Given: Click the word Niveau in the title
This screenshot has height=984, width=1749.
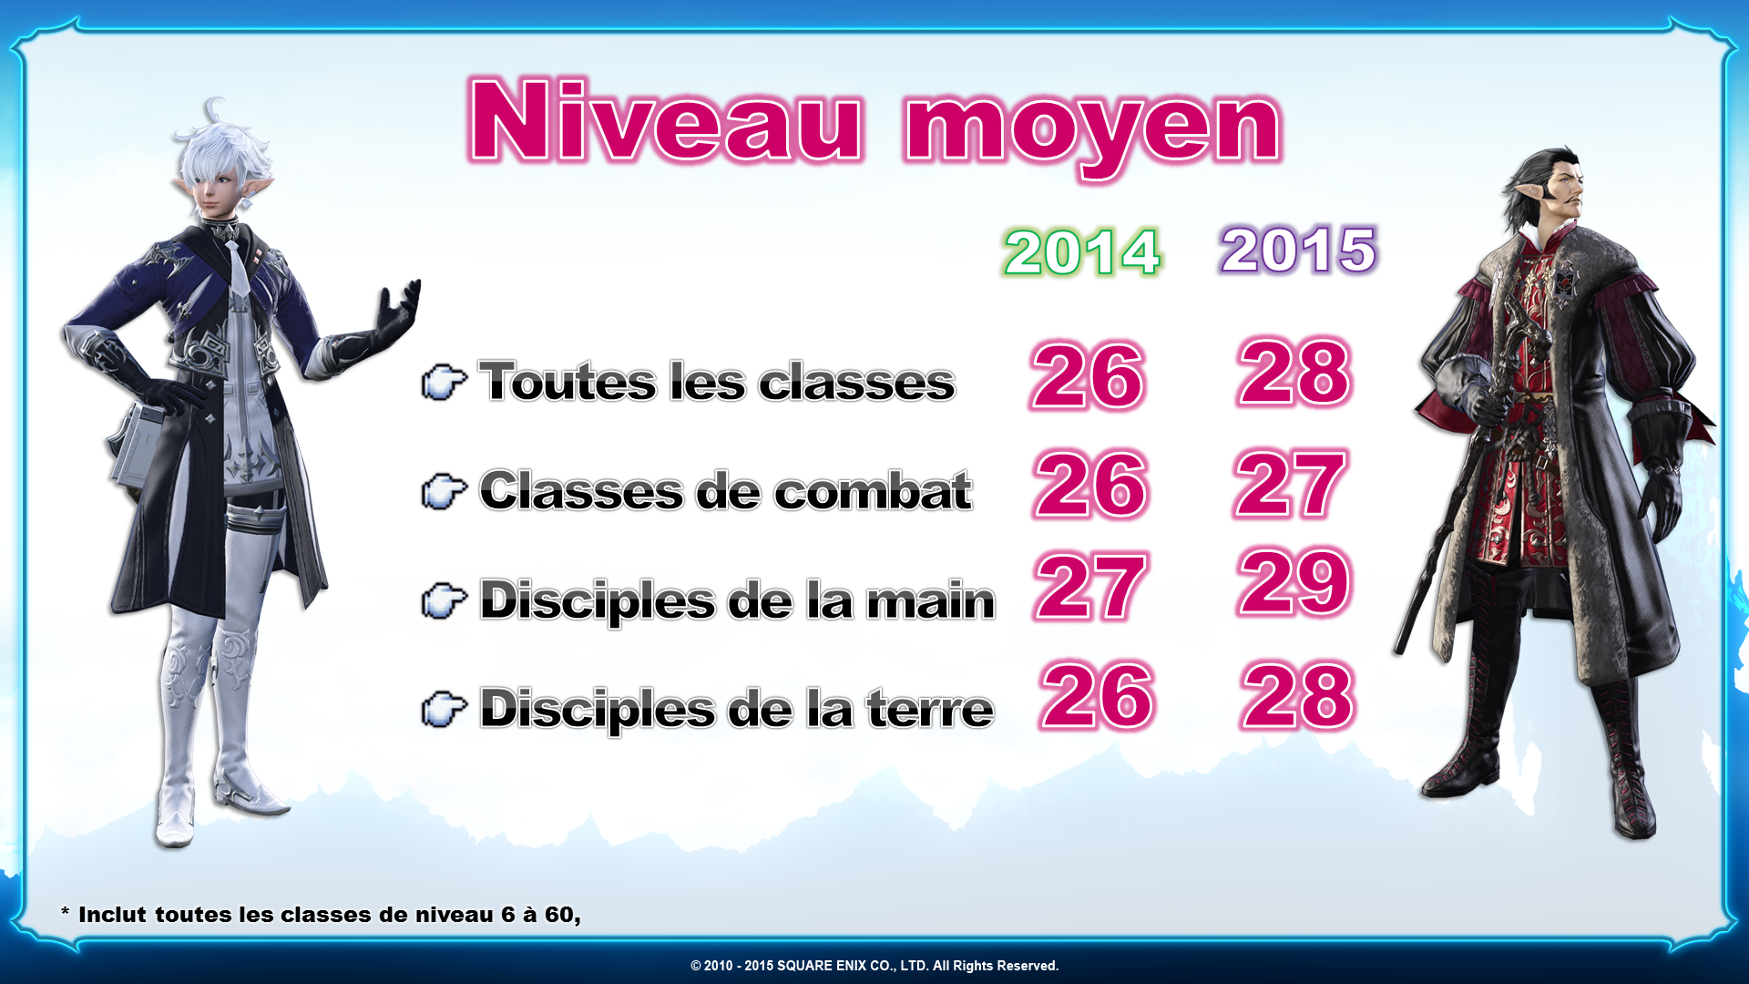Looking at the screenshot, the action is (666, 122).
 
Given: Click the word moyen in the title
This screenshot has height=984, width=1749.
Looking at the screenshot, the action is (1093, 133).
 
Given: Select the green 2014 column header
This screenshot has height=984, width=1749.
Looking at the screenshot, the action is (1082, 251).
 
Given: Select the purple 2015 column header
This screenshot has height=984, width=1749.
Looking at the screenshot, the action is (1299, 250).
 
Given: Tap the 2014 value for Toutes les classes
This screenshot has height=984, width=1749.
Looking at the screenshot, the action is (1088, 375).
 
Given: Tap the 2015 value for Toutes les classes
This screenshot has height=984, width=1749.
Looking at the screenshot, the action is (1294, 372).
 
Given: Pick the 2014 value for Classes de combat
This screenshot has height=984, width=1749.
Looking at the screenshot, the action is (1091, 484).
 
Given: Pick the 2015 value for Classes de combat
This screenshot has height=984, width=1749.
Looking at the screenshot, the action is (1290, 484).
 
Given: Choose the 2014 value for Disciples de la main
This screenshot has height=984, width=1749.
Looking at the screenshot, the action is (1089, 587).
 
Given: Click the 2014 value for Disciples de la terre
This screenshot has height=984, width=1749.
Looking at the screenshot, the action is (1098, 695).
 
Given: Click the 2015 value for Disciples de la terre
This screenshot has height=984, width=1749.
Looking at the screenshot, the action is (1298, 695).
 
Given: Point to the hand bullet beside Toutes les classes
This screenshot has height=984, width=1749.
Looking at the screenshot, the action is (445, 382).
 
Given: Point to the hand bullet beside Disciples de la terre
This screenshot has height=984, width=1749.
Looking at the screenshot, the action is (445, 709).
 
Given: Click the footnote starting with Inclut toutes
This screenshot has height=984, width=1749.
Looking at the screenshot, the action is (321, 915).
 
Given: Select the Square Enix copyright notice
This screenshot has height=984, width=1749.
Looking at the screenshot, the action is (874, 966).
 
